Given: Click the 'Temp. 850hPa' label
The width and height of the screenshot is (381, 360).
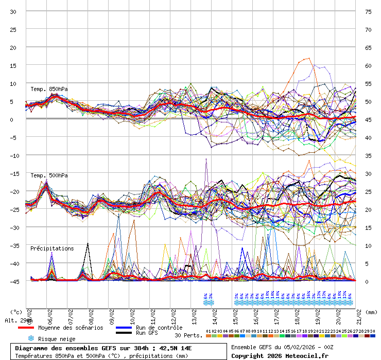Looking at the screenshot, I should (49, 89).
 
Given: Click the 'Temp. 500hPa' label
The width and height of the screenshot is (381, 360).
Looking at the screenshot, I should (49, 175).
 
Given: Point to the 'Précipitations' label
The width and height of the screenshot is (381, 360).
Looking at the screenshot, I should (52, 248).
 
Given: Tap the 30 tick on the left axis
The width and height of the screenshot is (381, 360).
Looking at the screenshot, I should (13, 11).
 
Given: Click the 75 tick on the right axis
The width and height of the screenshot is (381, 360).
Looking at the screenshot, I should (368, 11).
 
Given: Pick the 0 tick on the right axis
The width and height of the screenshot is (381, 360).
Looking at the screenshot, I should (367, 281).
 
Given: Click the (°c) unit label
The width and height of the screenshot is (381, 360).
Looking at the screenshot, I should (16, 312).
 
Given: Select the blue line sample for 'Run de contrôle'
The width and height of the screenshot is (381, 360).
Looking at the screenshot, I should (124, 328).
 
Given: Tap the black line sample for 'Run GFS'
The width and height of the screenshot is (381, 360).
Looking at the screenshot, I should (124, 333).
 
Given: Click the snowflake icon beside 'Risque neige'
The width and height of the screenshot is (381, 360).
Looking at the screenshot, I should (31, 338).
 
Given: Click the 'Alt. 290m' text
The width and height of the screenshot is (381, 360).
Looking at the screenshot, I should (19, 320).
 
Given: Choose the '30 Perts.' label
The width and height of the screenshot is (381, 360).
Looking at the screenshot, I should (187, 335).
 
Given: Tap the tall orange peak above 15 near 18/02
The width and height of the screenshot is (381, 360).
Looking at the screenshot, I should (307, 58).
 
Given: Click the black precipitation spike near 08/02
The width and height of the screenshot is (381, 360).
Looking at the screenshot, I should (88, 244).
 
